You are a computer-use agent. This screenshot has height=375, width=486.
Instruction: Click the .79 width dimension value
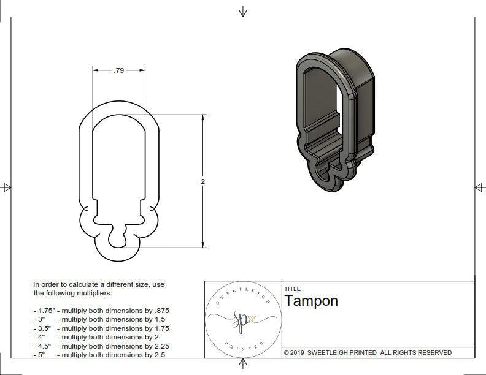[119, 70]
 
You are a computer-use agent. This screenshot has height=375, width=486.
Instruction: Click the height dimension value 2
[202, 181]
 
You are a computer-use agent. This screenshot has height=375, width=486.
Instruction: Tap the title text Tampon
[310, 301]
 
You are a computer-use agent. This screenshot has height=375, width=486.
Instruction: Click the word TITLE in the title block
[292, 289]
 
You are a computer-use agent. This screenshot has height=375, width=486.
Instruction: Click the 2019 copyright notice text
[368, 352]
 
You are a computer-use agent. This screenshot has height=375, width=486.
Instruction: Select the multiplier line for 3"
[99, 319]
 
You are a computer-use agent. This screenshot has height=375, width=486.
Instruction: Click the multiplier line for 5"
[99, 354]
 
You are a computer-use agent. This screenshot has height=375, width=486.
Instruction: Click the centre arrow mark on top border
[243, 12]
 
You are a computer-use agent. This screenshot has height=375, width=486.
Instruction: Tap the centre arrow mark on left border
[7, 187]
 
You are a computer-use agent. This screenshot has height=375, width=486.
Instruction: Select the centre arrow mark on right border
[479, 187]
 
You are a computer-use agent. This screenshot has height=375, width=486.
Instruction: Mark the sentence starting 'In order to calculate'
[99, 289]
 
